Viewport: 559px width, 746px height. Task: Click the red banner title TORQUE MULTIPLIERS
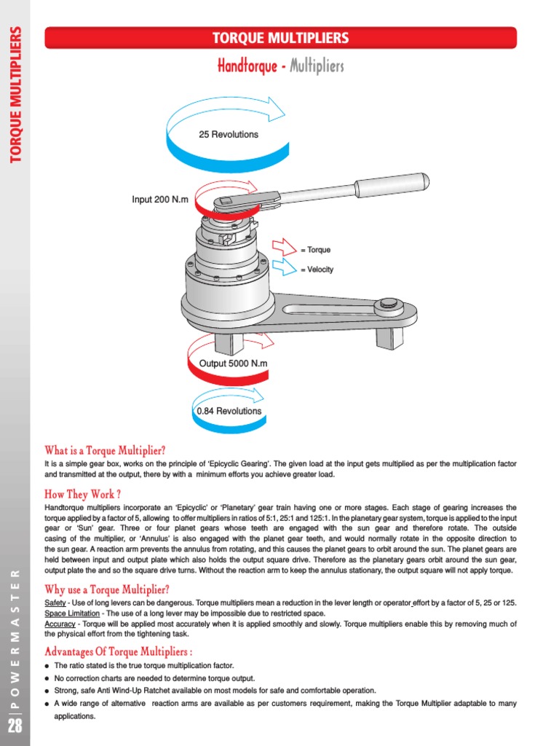click(x=280, y=38)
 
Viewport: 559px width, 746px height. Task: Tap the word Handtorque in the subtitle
click(x=247, y=67)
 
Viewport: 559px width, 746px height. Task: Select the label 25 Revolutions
click(x=228, y=134)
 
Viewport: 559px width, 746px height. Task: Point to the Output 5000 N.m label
click(x=229, y=363)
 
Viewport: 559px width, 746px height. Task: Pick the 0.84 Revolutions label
click(x=229, y=411)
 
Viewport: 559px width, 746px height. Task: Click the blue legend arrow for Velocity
click(x=284, y=269)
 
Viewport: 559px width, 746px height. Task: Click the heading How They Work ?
click(x=82, y=493)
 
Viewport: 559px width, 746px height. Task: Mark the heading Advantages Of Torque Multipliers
click(x=119, y=651)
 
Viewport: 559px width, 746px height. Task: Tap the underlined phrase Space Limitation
click(x=72, y=613)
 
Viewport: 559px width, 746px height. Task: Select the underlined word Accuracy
click(x=60, y=624)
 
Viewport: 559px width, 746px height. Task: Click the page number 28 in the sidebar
click(x=15, y=726)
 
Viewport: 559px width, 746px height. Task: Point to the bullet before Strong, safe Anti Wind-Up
click(x=47, y=691)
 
